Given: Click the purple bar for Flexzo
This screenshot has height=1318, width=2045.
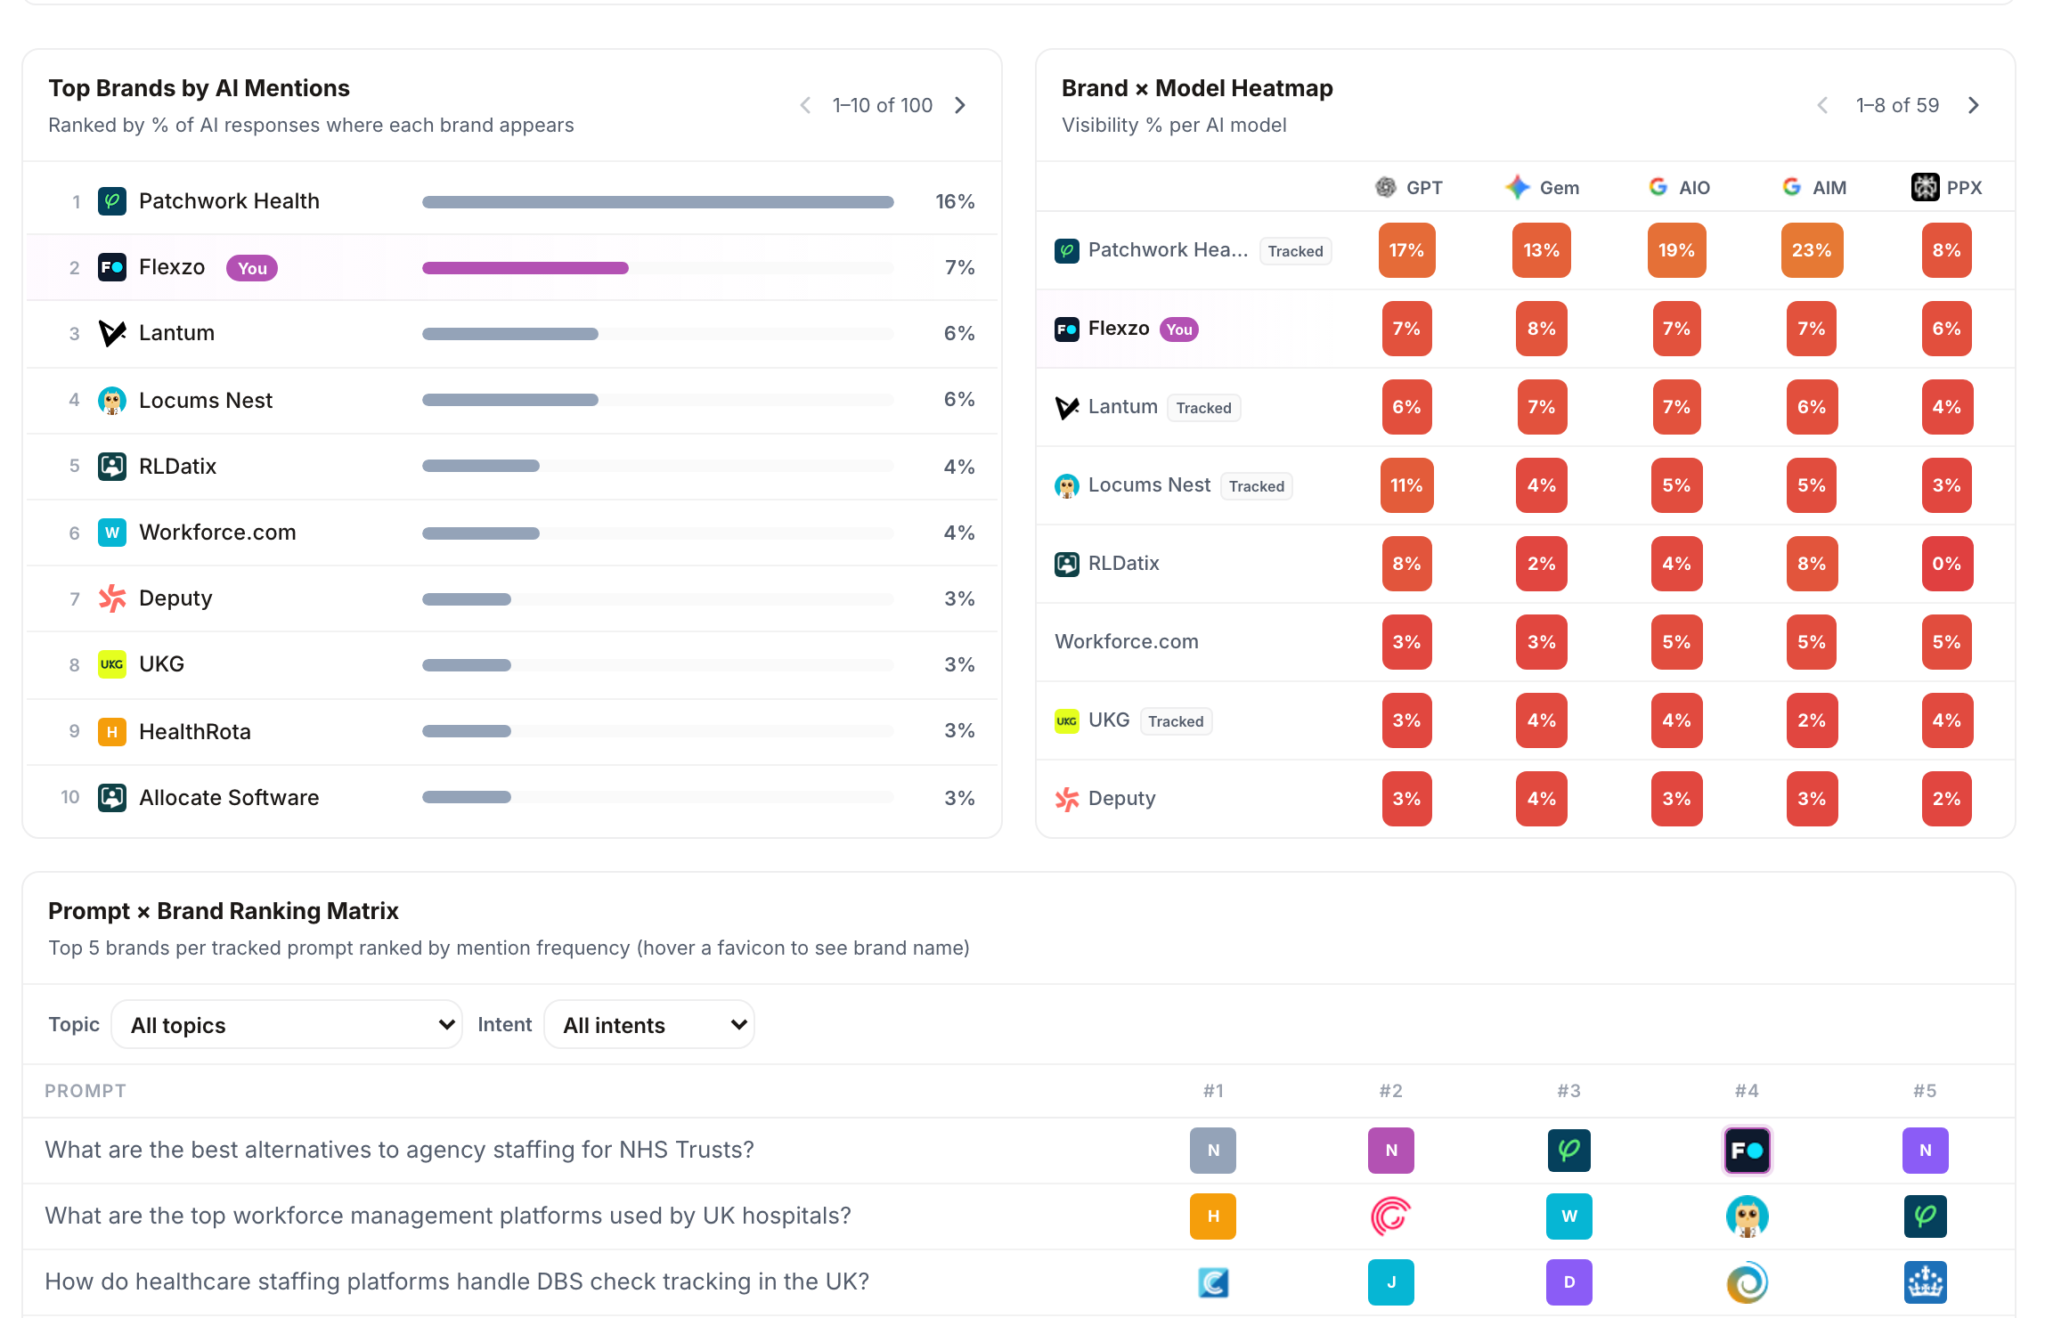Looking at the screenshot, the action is (526, 268).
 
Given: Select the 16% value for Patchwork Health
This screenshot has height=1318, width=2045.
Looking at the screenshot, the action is (955, 201).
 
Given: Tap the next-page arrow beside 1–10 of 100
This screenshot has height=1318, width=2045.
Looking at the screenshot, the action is (960, 105).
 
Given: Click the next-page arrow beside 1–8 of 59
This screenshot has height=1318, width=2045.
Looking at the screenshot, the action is (1974, 105).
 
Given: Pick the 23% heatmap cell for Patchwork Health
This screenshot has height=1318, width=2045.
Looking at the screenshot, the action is (1812, 250).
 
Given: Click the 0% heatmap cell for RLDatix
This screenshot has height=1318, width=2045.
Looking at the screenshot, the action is (1946, 564).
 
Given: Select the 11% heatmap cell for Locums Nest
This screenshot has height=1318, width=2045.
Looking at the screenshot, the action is (1406, 485).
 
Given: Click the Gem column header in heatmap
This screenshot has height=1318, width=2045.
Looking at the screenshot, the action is (1542, 187).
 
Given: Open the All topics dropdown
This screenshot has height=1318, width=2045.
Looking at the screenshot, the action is (287, 1025).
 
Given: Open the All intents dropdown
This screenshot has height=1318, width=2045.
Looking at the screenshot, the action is (649, 1025).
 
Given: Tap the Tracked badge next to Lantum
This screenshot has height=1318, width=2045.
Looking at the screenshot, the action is (1203, 408).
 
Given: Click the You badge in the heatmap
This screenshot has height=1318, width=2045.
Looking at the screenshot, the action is (1178, 329).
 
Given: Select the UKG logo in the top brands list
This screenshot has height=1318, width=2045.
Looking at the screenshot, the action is (111, 664).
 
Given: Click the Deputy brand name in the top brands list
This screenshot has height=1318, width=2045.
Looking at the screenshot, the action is (175, 598).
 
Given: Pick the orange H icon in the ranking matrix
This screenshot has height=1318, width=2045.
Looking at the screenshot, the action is (1213, 1216).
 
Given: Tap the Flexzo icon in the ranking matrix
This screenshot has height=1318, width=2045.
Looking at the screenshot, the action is (1747, 1151).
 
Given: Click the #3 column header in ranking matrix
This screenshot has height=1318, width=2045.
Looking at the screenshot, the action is (1568, 1091).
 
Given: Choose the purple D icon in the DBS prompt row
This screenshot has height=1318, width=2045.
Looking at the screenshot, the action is (1568, 1282).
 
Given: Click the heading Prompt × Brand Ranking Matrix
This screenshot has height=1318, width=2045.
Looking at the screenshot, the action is (224, 911).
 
